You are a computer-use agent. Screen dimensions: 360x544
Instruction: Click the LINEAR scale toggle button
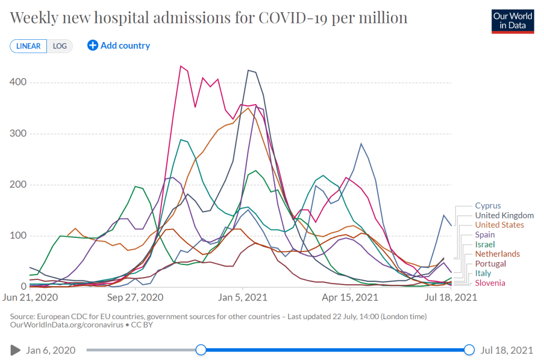(28, 46)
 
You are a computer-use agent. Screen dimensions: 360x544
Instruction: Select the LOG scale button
(59, 46)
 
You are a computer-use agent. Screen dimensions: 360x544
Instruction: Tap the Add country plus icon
(92, 46)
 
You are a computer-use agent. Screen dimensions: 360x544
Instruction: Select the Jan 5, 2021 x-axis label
(243, 297)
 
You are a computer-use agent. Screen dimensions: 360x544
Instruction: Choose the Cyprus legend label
(488, 206)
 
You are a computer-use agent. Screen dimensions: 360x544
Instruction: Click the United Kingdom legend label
(504, 216)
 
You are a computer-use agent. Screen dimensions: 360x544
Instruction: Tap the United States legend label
(499, 225)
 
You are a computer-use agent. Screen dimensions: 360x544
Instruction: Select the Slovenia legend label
(490, 282)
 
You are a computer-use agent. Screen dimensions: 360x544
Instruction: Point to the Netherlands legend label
(497, 254)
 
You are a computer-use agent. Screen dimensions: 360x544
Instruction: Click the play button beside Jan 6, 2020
(15, 350)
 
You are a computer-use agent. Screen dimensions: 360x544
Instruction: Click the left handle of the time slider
(201, 349)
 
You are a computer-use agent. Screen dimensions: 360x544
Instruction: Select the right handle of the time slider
(469, 349)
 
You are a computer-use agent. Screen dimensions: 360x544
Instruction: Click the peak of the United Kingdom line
(248, 70)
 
